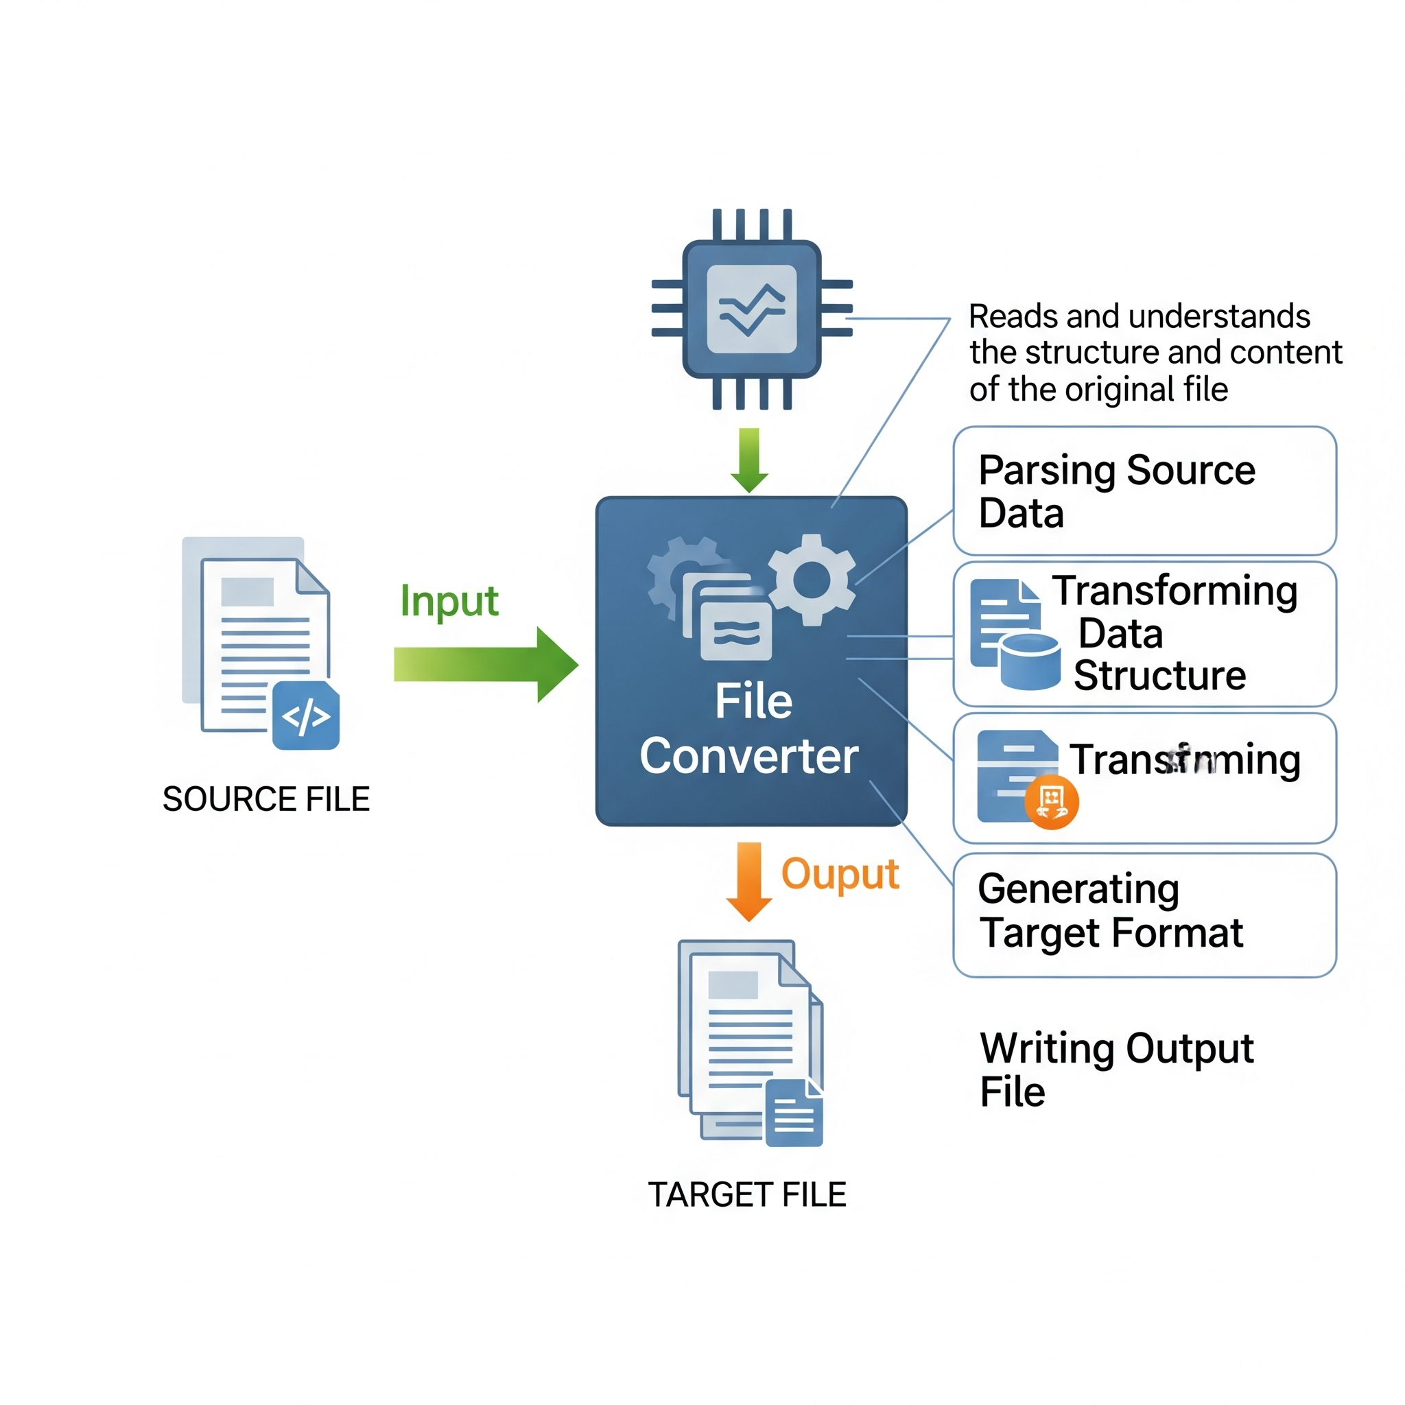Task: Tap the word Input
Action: click(x=449, y=602)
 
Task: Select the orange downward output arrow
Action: click(x=749, y=881)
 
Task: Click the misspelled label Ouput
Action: click(x=840, y=874)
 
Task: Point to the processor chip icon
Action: click(x=752, y=309)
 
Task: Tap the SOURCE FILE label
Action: click(x=266, y=799)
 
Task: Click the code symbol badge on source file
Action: click(x=306, y=716)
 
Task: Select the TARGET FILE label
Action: click(x=748, y=1195)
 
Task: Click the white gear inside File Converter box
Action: click(x=812, y=580)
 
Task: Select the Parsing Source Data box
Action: click(x=1144, y=491)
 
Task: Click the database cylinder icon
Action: click(x=1030, y=661)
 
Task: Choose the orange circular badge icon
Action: click(x=1052, y=801)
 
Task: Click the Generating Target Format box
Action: click(x=1144, y=915)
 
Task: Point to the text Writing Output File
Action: click(x=1116, y=1070)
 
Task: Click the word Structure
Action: click(x=1160, y=676)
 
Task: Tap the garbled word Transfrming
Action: click(x=1185, y=760)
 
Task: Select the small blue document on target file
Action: click(x=794, y=1113)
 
